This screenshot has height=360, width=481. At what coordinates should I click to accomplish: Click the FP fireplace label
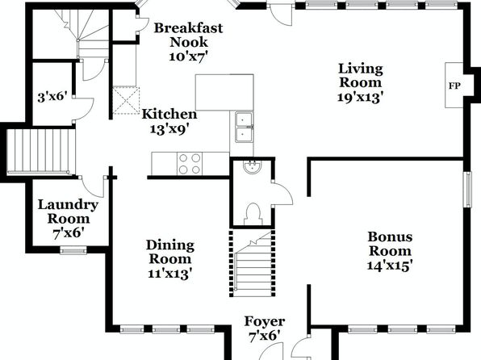pos(454,86)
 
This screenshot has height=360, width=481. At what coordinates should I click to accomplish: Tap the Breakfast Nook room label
pos(188,35)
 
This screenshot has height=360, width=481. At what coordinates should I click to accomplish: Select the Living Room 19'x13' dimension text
pos(361,98)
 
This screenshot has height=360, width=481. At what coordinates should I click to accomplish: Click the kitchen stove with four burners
pos(190,164)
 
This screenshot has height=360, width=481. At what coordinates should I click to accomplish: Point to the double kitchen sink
pos(244,127)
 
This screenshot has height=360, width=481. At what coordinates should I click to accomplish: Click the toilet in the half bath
pos(253,214)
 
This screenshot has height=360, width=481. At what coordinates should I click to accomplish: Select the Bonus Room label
pos(390,244)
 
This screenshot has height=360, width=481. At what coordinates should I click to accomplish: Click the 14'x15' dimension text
pos(390,266)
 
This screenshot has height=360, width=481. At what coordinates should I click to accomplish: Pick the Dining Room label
pos(170,252)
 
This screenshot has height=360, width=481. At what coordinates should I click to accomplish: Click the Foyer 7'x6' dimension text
pos(265,337)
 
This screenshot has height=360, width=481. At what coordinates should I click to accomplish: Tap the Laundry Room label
pos(68,211)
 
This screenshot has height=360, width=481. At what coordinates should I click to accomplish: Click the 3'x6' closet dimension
pos(52,98)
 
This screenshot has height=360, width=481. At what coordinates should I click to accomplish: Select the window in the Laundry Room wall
pos(73,251)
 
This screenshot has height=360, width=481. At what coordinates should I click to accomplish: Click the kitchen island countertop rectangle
pos(224,92)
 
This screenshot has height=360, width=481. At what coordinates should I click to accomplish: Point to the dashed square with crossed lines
pos(126,101)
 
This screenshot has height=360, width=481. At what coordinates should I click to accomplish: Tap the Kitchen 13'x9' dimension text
pos(169,129)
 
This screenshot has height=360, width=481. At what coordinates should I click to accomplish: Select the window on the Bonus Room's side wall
pos(467,190)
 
